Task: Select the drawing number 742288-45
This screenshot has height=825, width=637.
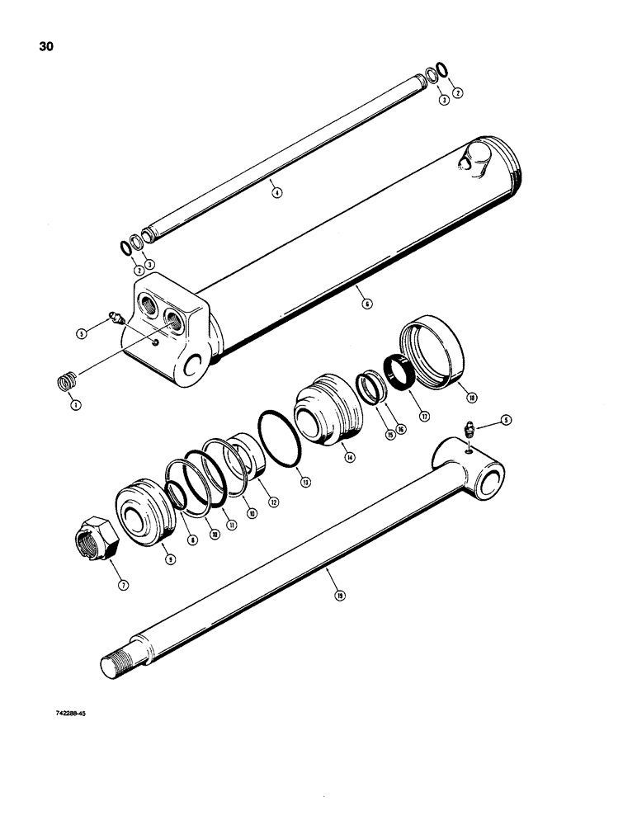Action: pyautogui.click(x=67, y=715)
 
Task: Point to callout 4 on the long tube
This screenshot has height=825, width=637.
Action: pyautogui.click(x=277, y=193)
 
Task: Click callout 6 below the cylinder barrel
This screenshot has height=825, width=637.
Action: pyautogui.click(x=366, y=303)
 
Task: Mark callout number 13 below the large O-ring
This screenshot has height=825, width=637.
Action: pyautogui.click(x=306, y=482)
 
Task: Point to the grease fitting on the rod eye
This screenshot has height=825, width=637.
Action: pyautogui.click(x=467, y=428)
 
